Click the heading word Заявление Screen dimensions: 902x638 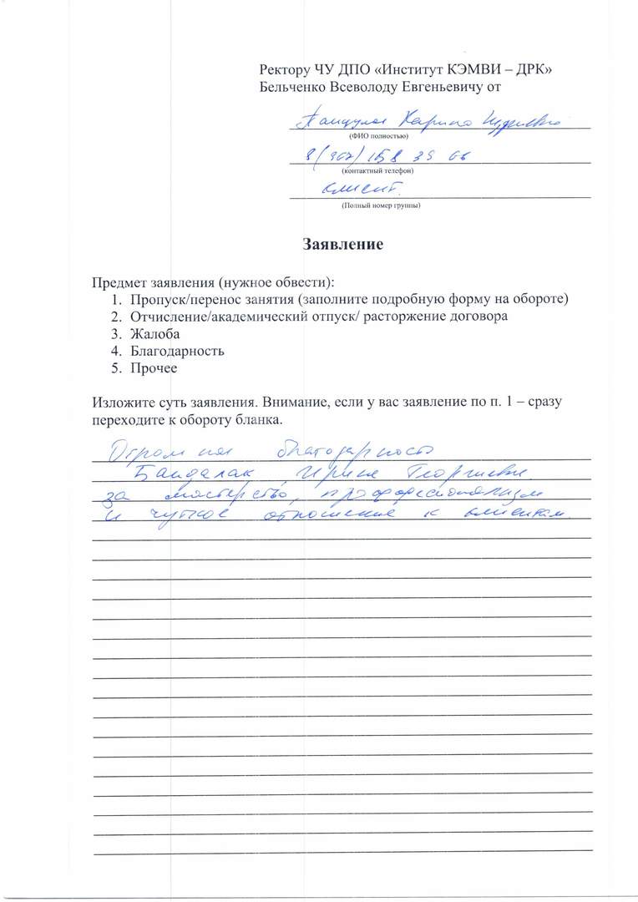342,245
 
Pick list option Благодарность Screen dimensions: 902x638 177,351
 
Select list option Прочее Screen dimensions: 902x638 154,367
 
